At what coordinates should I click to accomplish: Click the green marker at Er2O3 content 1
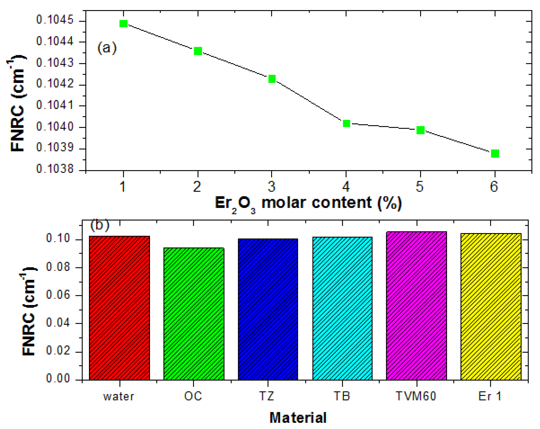click(x=124, y=24)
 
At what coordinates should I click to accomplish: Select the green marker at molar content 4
click(x=346, y=123)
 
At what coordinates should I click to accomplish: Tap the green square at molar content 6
click(x=495, y=153)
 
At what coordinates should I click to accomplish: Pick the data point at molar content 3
click(x=272, y=79)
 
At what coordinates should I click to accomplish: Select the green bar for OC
click(x=194, y=314)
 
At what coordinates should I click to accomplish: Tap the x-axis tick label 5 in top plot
click(x=420, y=187)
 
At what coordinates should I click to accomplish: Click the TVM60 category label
click(x=416, y=396)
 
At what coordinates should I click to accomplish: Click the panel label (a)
click(x=107, y=48)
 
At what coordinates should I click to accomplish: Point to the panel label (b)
click(x=100, y=225)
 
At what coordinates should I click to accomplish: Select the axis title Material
click(x=298, y=418)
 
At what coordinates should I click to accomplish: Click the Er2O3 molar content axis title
click(x=308, y=203)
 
